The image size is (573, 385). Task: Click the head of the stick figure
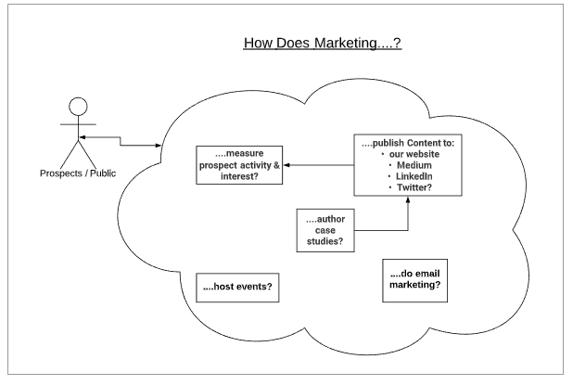pyautogui.click(x=79, y=105)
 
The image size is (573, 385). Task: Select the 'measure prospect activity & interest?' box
pyautogui.click(x=238, y=164)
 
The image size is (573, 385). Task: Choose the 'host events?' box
pyautogui.click(x=237, y=288)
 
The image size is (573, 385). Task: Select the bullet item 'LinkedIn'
pyautogui.click(x=414, y=178)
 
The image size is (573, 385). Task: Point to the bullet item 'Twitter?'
pyautogui.click(x=414, y=189)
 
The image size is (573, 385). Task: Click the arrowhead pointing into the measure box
pyautogui.click(x=286, y=165)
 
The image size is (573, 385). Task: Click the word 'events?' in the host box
pyautogui.click(x=252, y=288)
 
